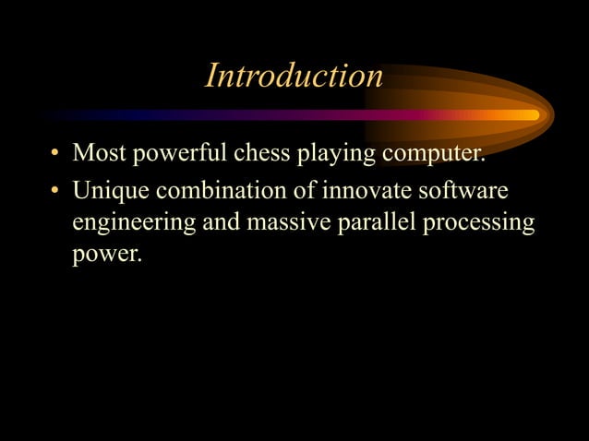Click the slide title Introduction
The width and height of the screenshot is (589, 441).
(294, 76)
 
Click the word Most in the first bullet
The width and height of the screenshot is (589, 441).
(101, 152)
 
